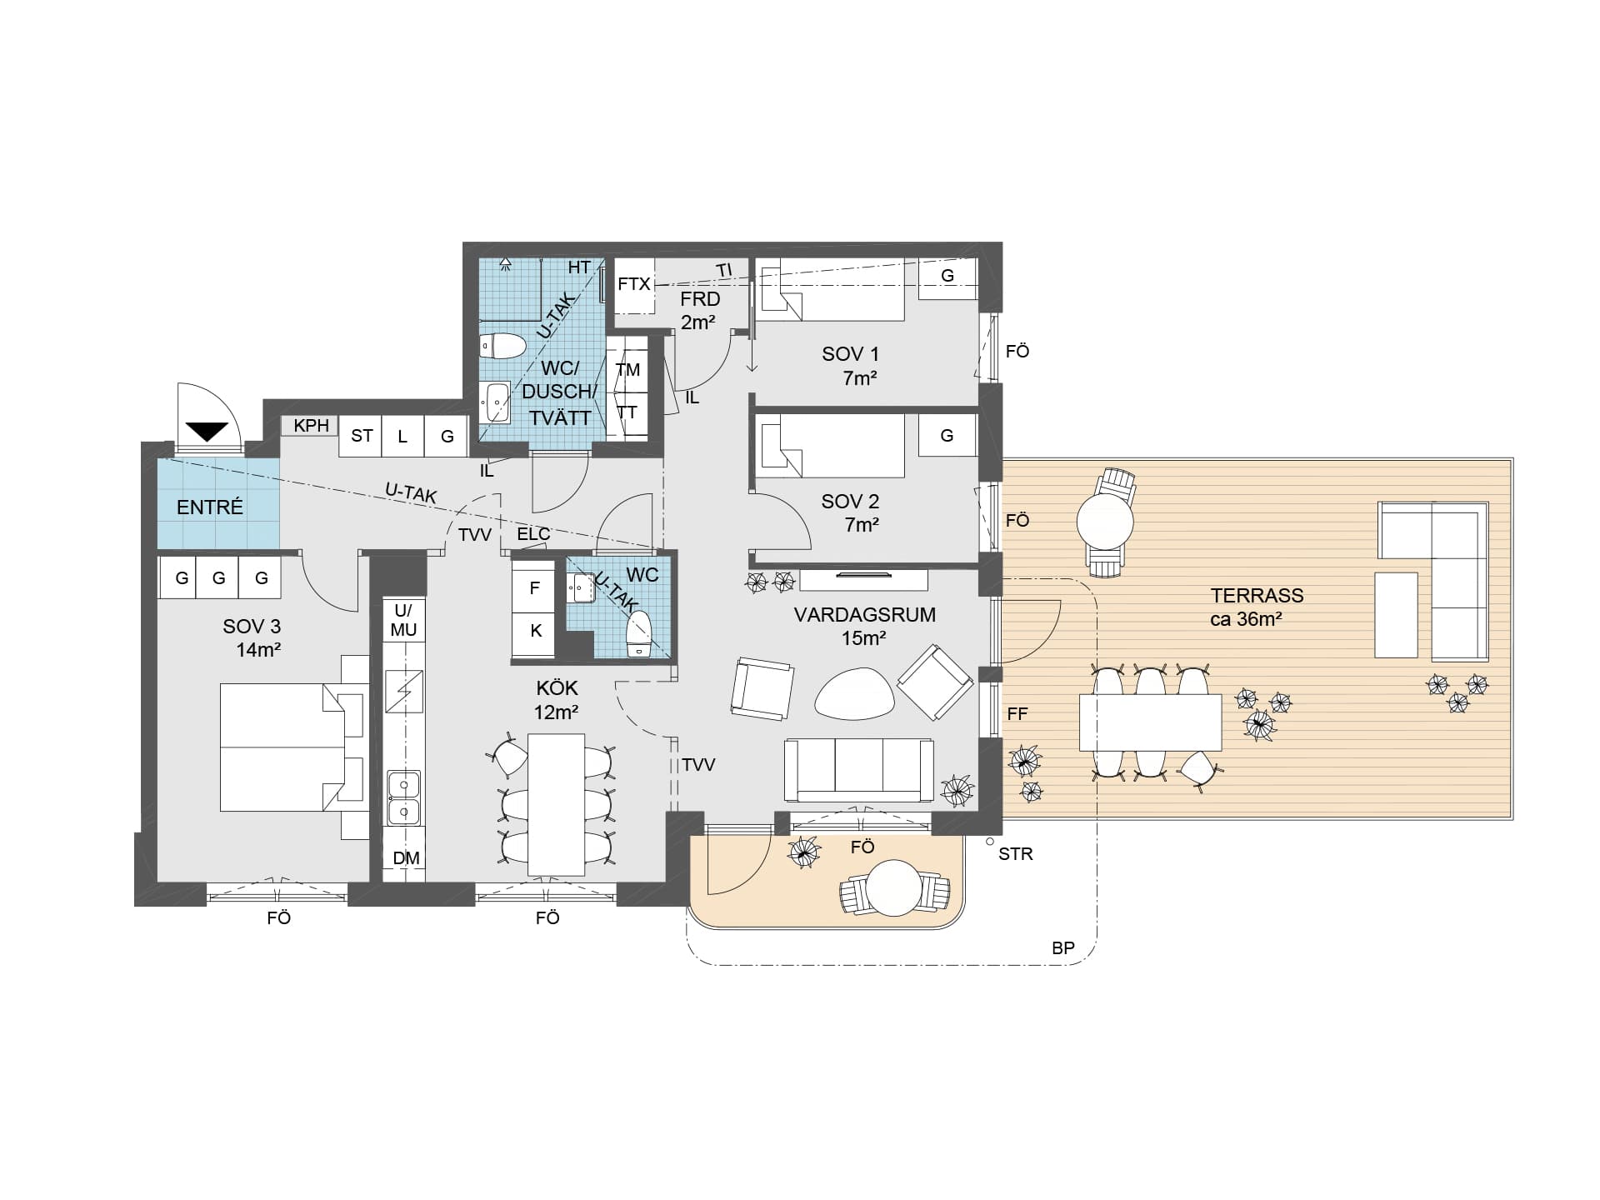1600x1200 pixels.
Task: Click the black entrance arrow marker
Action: [x=207, y=432]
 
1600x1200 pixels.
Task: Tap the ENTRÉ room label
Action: [x=210, y=507]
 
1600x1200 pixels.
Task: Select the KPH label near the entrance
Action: [x=312, y=426]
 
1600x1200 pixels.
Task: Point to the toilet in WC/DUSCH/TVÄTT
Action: [x=503, y=346]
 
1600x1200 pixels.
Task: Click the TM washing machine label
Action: [x=627, y=370]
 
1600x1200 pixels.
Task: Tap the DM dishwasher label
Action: [x=406, y=858]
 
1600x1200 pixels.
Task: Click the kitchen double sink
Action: [x=404, y=797]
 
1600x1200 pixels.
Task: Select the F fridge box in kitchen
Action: [x=536, y=587]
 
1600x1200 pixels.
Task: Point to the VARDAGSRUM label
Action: [x=864, y=615]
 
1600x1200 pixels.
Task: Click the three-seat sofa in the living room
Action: [x=858, y=770]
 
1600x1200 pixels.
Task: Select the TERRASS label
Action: [x=1257, y=596]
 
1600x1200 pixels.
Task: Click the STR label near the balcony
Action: [x=1015, y=854]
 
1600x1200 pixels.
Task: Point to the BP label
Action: [x=1063, y=948]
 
